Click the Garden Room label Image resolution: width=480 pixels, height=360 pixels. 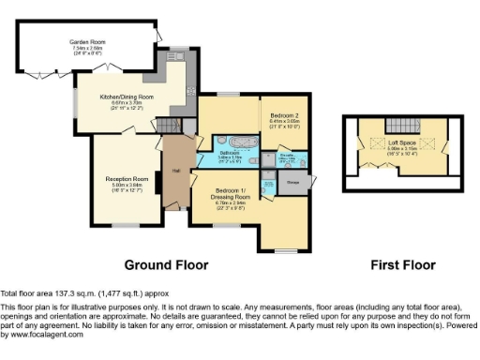tap(86, 41)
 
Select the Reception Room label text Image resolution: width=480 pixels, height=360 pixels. tap(127, 178)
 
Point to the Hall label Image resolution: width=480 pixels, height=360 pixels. tap(175, 171)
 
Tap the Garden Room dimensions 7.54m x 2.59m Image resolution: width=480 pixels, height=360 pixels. tap(86, 48)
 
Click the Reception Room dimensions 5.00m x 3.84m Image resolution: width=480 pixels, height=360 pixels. tap(127, 185)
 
